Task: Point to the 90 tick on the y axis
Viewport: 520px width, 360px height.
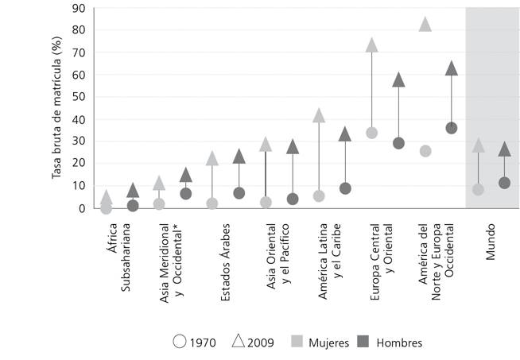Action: point(79,9)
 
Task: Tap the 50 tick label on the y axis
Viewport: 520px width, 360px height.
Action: point(79,98)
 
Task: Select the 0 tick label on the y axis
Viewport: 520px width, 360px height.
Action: point(82,208)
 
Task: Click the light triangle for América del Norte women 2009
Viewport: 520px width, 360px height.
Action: point(425,25)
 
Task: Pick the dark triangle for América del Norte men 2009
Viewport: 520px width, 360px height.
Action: point(452,68)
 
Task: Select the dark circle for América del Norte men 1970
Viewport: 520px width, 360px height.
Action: point(452,128)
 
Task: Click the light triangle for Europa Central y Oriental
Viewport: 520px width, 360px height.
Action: point(371,45)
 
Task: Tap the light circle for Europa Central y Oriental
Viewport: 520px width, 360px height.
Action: point(371,133)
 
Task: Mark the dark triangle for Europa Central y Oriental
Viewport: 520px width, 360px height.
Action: point(398,79)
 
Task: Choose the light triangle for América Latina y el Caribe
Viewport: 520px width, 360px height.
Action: point(319,115)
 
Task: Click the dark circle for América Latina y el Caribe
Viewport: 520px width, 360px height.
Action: point(345,188)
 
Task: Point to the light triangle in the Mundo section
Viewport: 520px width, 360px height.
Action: point(478,145)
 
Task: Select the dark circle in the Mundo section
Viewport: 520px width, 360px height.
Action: point(504,183)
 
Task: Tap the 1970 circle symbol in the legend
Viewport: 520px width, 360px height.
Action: point(179,343)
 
